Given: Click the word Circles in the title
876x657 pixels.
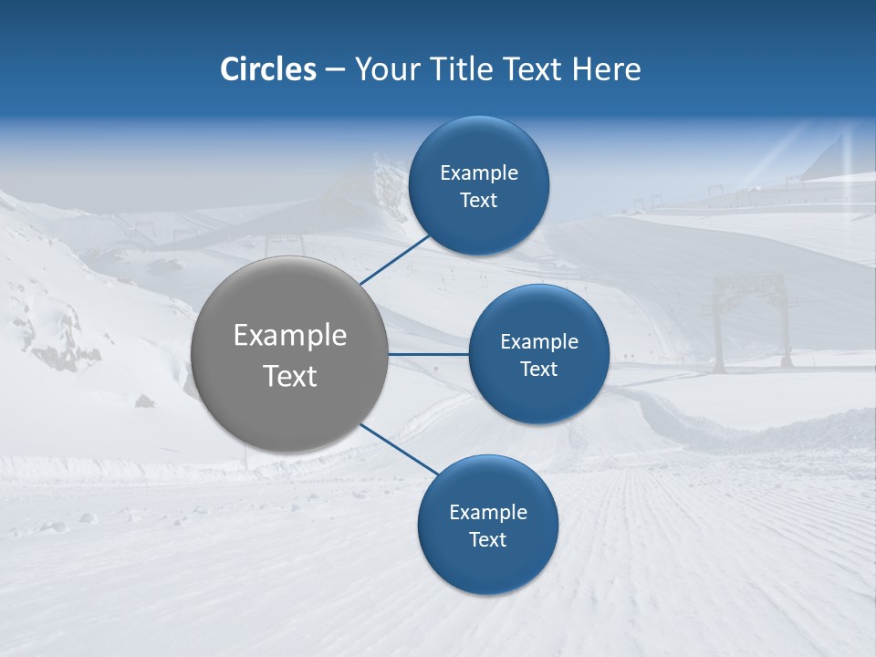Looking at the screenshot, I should coord(268,69).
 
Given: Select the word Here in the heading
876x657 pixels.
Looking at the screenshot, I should coord(606,69).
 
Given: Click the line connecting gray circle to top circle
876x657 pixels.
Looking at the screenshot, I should coord(395,259).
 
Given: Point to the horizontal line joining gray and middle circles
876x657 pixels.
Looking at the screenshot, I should coord(428,354).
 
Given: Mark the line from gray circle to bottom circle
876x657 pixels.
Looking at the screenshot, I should coord(398,449).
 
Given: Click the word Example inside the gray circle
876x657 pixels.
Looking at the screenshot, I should coord(289,335).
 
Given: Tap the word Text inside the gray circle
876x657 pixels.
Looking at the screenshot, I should coord(289,376).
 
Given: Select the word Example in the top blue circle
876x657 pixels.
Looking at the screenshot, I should coord(479,172).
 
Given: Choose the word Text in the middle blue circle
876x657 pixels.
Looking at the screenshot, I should coord(538,369).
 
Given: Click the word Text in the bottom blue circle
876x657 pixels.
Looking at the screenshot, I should coord(487,539).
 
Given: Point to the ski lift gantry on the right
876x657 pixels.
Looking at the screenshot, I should coord(753,319).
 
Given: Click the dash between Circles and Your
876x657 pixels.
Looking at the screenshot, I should coord(335,69).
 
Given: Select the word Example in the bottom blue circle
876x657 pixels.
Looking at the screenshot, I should coord(487,512).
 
